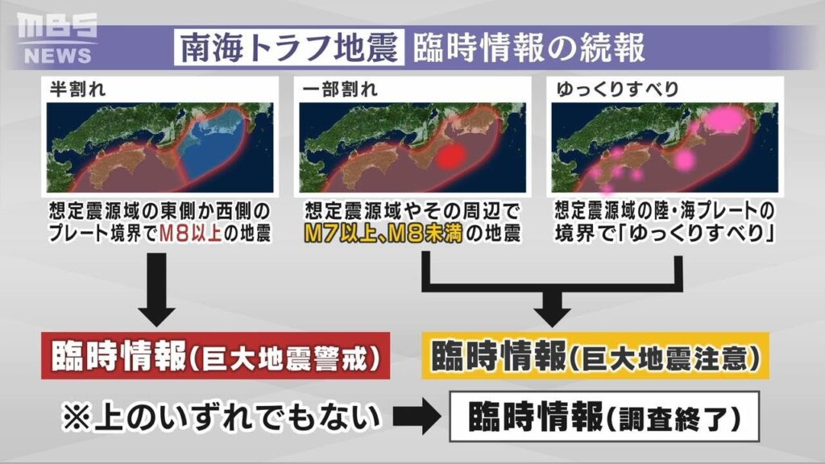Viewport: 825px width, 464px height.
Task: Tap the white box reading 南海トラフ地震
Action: click(288, 48)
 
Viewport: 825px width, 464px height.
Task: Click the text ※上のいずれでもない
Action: click(220, 417)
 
